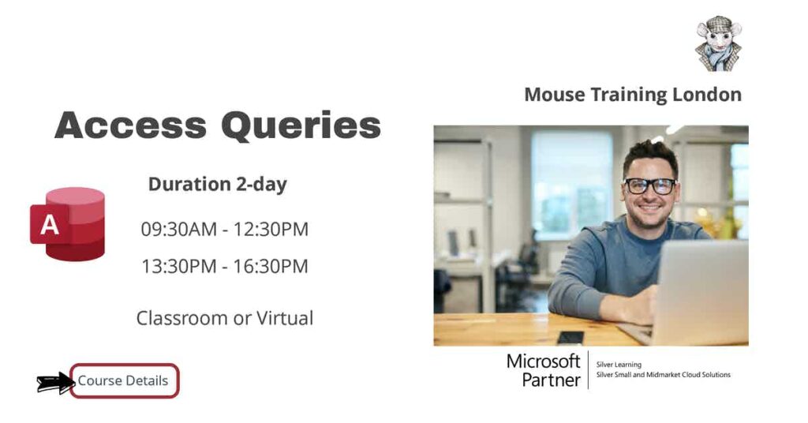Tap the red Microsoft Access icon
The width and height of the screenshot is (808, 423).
[x=69, y=224]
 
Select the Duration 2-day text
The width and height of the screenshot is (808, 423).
[x=217, y=185]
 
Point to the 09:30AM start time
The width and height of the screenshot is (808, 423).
[x=178, y=230]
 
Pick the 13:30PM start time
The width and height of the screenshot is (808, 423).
[x=178, y=267]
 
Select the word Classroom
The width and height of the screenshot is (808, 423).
[x=181, y=318]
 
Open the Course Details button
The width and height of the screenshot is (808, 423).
[x=124, y=381]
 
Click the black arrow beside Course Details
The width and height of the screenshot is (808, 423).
[x=54, y=384]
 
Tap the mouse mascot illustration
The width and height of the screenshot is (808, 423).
[x=718, y=43]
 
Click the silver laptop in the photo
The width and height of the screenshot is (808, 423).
[x=698, y=292]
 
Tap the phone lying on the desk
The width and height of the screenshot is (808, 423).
[x=570, y=337]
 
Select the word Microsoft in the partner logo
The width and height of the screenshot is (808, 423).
[x=543, y=362]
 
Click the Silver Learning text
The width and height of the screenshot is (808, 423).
[x=619, y=365]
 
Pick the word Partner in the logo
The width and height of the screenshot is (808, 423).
[x=551, y=380]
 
